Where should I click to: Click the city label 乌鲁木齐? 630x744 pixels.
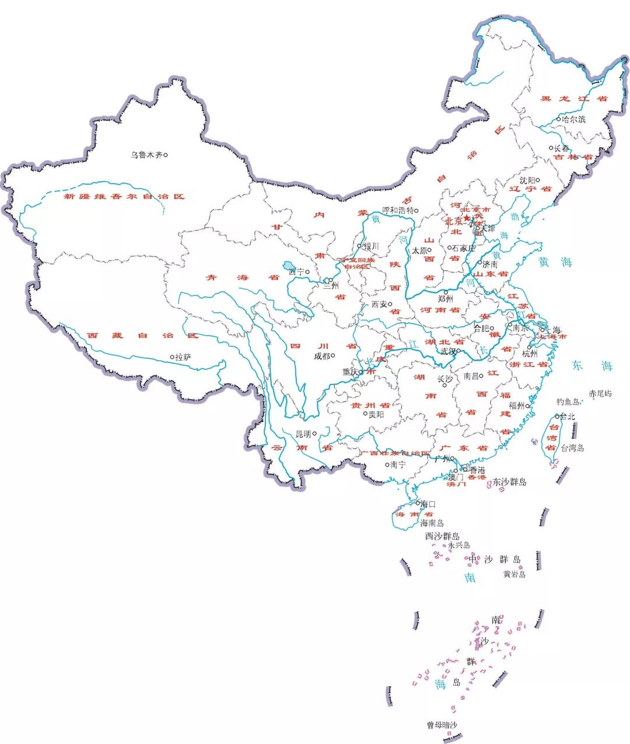click(x=146, y=155)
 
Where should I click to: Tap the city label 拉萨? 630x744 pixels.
click(x=183, y=357)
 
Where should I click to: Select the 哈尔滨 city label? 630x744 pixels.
click(x=573, y=119)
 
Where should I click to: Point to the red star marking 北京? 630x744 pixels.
click(x=467, y=219)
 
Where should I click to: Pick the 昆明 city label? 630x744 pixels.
click(x=304, y=434)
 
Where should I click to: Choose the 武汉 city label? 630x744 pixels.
click(x=448, y=351)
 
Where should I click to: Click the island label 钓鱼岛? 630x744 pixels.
click(x=568, y=401)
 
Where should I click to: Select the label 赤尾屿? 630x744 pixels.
click(x=600, y=394)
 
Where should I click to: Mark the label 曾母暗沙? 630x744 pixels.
click(x=442, y=725)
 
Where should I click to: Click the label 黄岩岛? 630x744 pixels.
click(x=514, y=574)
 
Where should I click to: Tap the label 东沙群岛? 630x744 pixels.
click(x=509, y=482)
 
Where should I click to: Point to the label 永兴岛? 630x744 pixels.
click(x=459, y=545)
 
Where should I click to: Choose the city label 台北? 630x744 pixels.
click(x=567, y=417)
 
